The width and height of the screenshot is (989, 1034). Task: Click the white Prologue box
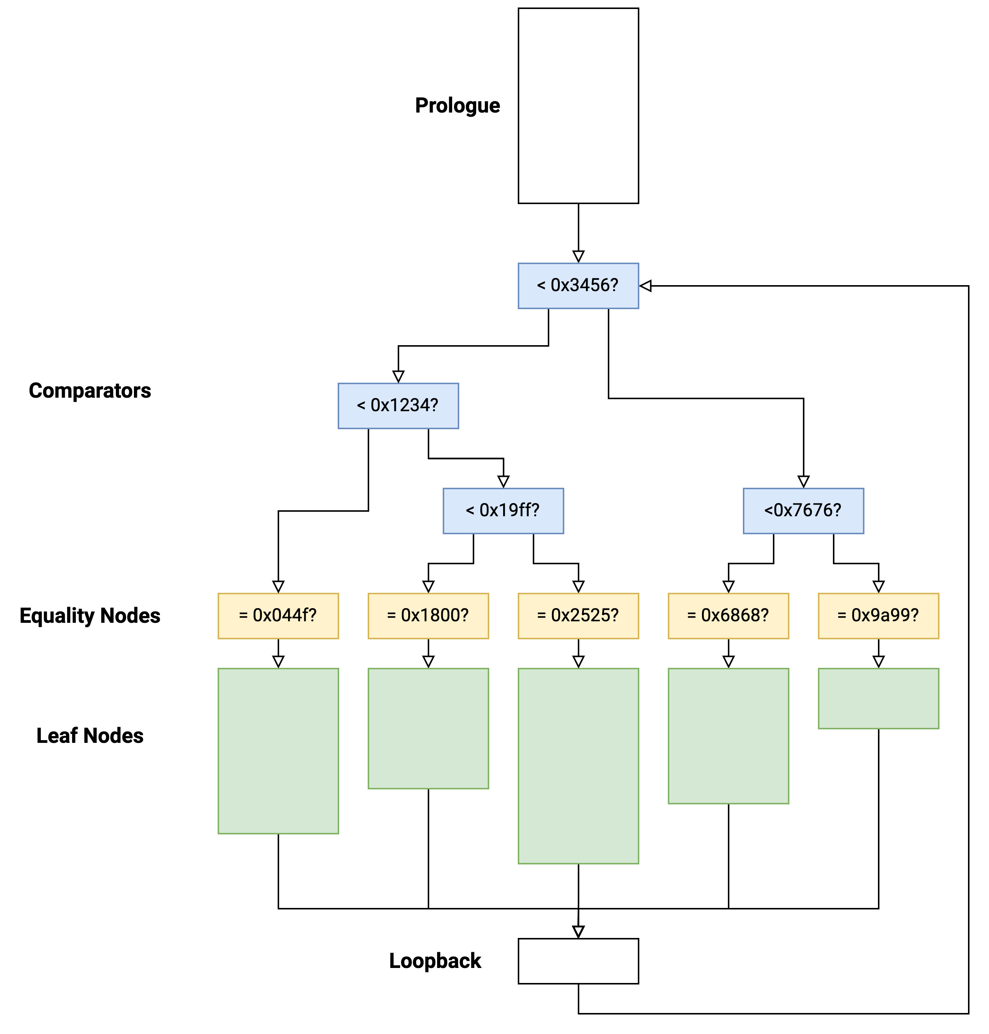(x=578, y=105)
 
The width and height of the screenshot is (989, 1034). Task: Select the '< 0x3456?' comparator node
(x=578, y=286)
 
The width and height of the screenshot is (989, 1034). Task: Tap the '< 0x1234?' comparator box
(x=398, y=406)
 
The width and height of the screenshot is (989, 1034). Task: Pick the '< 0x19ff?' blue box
(x=503, y=510)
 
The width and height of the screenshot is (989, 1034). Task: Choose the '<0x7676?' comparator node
(x=803, y=510)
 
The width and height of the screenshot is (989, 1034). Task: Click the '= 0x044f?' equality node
(x=278, y=615)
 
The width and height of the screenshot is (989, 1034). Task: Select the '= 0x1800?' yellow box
(x=428, y=615)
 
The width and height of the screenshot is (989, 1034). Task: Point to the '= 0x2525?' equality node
(x=578, y=615)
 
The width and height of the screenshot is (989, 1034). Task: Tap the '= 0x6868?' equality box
(x=728, y=615)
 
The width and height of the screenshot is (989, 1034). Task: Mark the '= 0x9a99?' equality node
(x=878, y=615)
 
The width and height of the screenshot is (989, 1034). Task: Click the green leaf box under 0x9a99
(x=878, y=698)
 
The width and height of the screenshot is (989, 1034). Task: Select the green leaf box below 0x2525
(x=578, y=766)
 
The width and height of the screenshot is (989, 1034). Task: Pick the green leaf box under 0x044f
(x=278, y=751)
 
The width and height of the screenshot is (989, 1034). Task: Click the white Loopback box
(x=578, y=961)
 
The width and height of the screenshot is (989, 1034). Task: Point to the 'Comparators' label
(x=90, y=391)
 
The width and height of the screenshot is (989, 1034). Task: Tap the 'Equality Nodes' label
(x=90, y=615)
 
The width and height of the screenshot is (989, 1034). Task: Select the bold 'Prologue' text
(x=457, y=105)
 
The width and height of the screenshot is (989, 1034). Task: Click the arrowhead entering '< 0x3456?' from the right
(x=646, y=286)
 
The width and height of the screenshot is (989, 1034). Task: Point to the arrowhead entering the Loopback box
(x=578, y=931)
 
